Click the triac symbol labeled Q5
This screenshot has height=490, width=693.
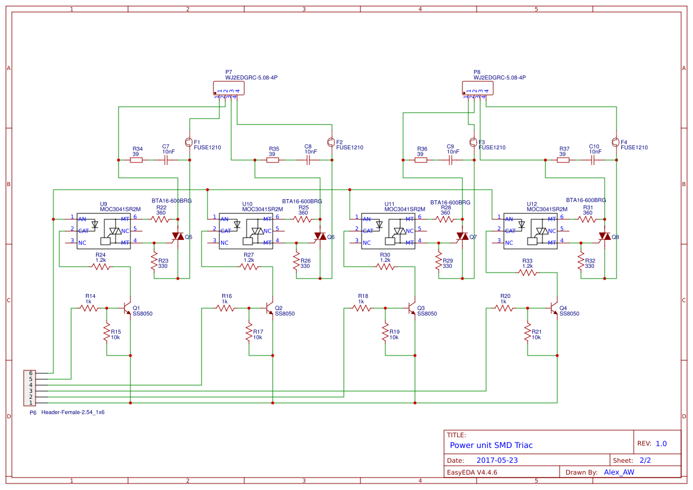(x=177, y=237)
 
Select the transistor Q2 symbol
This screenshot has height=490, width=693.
(x=269, y=308)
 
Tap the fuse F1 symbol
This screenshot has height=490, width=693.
(x=189, y=142)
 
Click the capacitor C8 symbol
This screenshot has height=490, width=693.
(x=308, y=160)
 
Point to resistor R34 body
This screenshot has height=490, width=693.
(x=136, y=160)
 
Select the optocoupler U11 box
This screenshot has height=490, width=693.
(x=388, y=231)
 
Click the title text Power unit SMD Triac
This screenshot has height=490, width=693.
(x=491, y=445)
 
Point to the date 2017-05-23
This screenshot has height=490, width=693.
(x=497, y=460)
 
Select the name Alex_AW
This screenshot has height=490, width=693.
(x=619, y=472)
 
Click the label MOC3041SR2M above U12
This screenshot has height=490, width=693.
(x=547, y=209)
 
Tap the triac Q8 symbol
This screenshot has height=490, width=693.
(x=604, y=237)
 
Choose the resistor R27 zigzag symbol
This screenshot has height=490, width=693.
(x=249, y=267)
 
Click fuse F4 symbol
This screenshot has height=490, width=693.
(x=615, y=142)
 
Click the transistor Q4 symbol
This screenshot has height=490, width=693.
(x=554, y=308)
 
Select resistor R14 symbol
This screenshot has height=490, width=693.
(x=90, y=308)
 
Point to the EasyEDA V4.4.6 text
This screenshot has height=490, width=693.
(x=472, y=472)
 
